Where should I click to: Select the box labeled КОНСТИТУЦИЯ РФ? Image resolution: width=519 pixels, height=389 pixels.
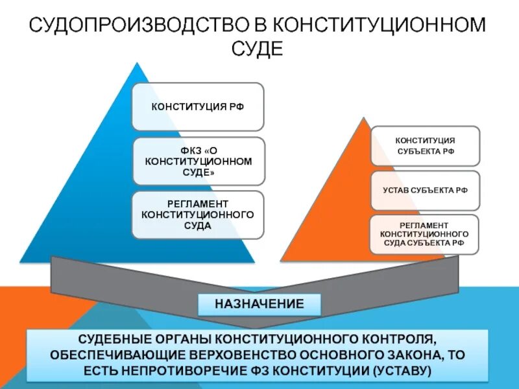tap(198, 107)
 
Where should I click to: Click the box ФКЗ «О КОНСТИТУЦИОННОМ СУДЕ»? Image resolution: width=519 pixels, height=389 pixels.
tap(198, 161)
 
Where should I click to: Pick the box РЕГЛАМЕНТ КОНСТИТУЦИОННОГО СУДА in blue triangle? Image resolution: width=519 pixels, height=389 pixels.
tap(198, 215)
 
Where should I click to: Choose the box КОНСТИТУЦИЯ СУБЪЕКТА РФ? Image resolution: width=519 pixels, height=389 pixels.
tap(425, 146)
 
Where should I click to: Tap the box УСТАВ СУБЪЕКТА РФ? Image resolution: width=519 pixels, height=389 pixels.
tap(425, 190)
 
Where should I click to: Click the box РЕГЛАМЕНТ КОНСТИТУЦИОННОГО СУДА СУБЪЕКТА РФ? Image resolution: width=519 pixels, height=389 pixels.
tap(425, 233)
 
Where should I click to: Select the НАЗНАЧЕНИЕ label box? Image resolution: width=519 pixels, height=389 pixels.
tap(259, 303)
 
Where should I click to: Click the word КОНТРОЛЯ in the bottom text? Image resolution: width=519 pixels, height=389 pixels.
tap(392, 339)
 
